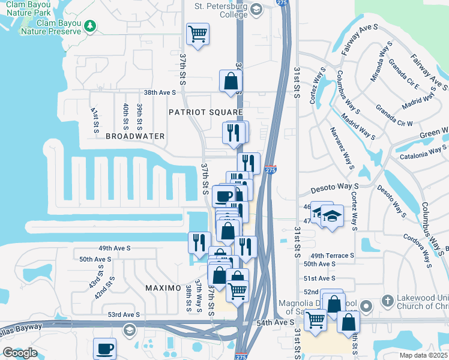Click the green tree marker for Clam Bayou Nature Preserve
point(90,26)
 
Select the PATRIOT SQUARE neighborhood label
point(205,112)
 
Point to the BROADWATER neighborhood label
point(135,136)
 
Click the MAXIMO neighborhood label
point(163,288)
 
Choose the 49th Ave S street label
point(113,247)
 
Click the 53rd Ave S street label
point(123,314)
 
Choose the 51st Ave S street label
point(319,278)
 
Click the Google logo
point(19,353)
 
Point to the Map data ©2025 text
point(423,355)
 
